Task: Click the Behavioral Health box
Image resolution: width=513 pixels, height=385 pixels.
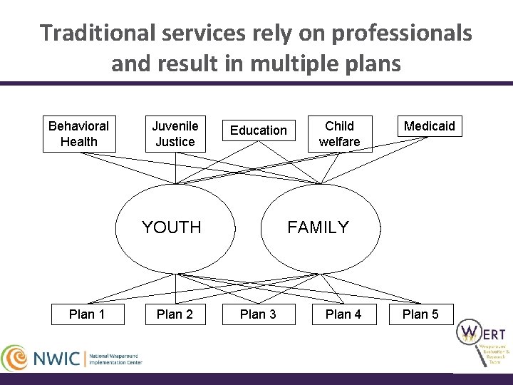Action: pyautogui.click(x=79, y=133)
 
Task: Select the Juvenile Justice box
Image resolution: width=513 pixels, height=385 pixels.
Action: pyautogui.click(x=175, y=133)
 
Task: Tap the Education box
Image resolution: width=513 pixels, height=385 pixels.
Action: pyautogui.click(x=258, y=130)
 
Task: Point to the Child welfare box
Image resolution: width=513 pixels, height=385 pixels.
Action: pyautogui.click(x=339, y=133)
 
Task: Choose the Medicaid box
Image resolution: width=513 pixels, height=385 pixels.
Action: pyautogui.click(x=429, y=126)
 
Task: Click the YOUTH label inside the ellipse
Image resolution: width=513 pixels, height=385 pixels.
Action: pyautogui.click(x=172, y=227)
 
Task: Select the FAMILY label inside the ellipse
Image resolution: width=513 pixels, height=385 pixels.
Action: pyautogui.click(x=318, y=227)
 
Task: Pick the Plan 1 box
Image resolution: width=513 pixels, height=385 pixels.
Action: pyautogui.click(x=87, y=314)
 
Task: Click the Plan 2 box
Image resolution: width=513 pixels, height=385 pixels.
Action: pyautogui.click(x=175, y=314)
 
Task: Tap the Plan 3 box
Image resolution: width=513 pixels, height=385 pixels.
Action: pyautogui.click(x=258, y=314)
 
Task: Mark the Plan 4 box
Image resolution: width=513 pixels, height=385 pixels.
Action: pyautogui.click(x=343, y=314)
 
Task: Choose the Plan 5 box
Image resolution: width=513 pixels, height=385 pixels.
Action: pyautogui.click(x=420, y=314)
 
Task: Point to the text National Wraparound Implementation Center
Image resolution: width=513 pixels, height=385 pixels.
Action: pyautogui.click(x=115, y=357)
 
